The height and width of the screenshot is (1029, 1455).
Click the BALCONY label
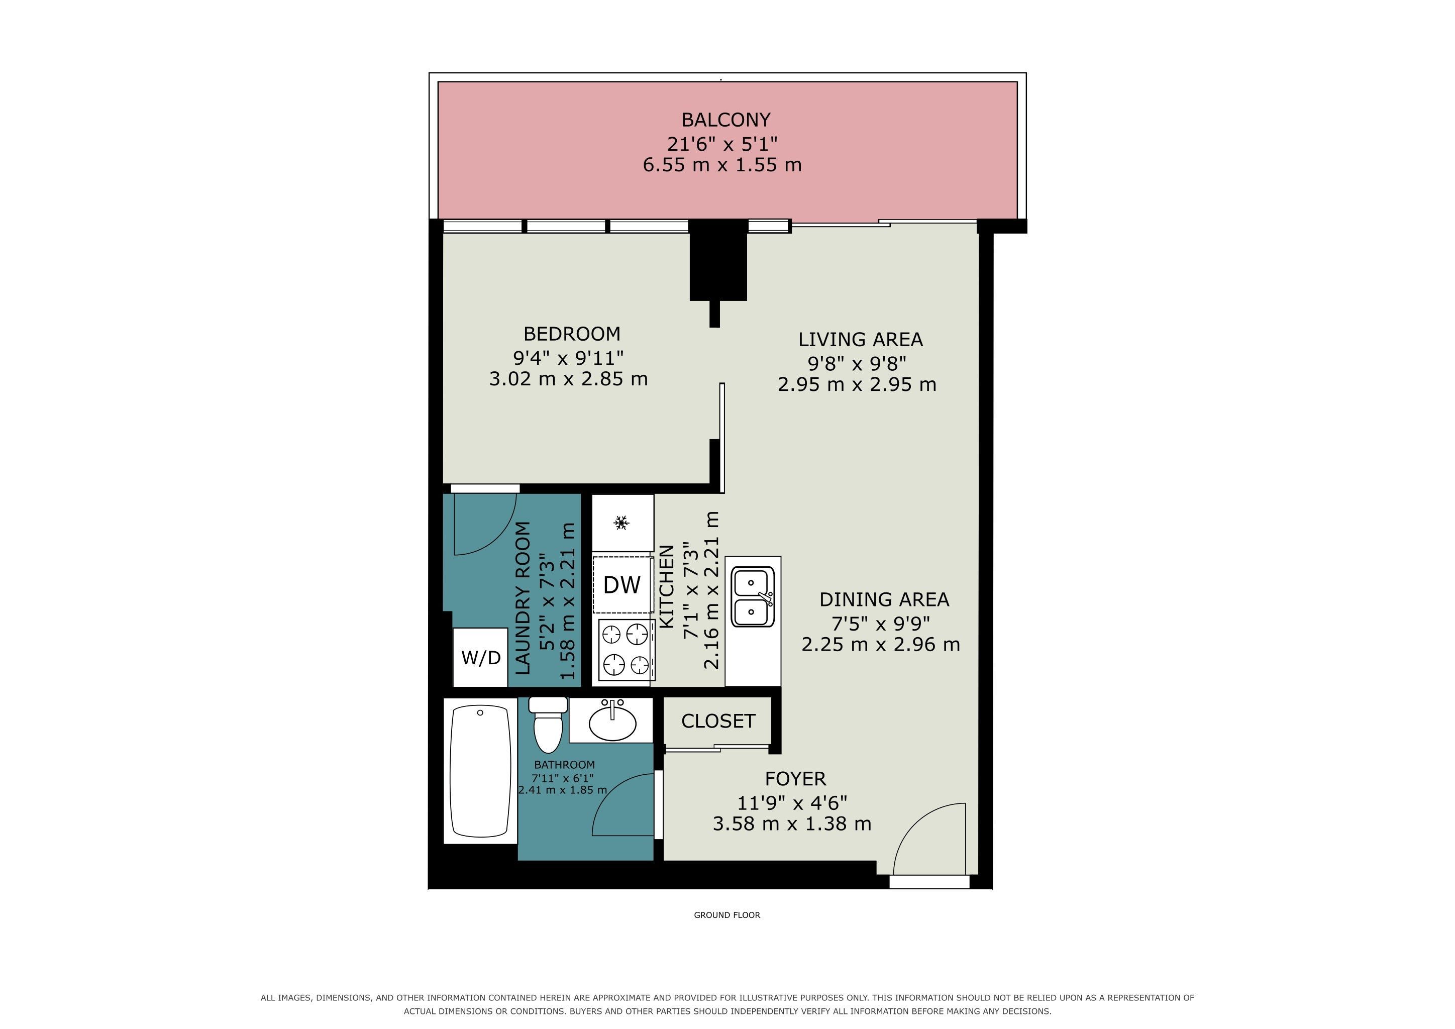(725, 120)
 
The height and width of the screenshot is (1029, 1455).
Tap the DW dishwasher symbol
(621, 585)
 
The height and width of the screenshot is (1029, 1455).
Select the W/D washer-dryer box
(480, 657)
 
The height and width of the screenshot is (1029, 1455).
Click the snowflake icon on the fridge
(621, 523)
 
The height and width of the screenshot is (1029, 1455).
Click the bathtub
(480, 770)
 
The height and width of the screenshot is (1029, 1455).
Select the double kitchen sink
(753, 596)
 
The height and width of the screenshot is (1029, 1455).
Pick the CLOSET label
(718, 721)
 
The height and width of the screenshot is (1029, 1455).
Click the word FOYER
(795, 779)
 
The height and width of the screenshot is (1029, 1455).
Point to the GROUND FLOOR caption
(727, 915)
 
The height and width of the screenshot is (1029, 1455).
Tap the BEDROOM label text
(572, 334)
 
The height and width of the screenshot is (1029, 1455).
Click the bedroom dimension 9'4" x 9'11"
(568, 358)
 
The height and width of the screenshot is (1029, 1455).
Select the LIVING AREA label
(860, 340)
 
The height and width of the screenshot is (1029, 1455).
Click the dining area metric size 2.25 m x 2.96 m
(881, 645)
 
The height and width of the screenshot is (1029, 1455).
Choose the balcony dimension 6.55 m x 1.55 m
(722, 165)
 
